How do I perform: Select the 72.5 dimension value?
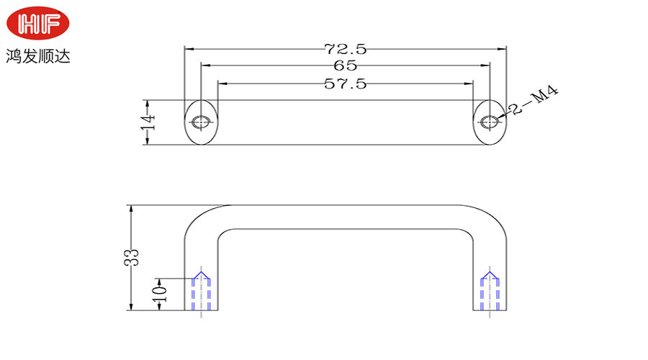tap(346, 49)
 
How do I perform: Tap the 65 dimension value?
tap(346, 66)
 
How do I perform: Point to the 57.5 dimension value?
tap(346, 84)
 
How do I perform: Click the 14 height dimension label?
tap(148, 122)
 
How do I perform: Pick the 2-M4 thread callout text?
tap(534, 100)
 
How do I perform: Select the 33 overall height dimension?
tap(132, 258)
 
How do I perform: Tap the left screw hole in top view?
tap(201, 122)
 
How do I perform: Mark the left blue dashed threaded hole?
tap(202, 292)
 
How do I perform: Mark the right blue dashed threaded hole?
tap(490, 292)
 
